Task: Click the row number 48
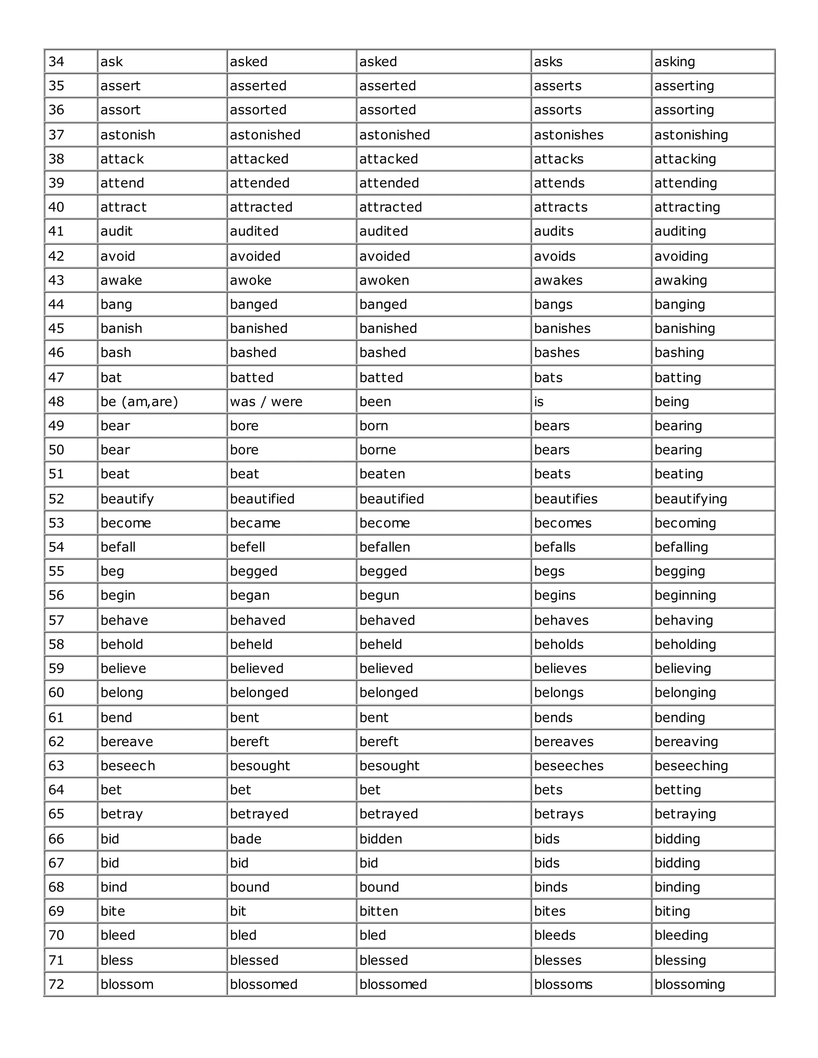(x=56, y=402)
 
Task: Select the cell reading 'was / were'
(x=266, y=402)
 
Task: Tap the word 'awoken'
(x=384, y=281)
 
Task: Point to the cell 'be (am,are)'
(x=139, y=402)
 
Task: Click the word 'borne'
(x=377, y=450)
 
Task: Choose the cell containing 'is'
(x=539, y=402)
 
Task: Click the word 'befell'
(x=247, y=547)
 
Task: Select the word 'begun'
(x=379, y=595)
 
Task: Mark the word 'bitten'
(x=379, y=911)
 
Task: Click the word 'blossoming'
(x=689, y=985)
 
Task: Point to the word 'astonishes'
(x=568, y=135)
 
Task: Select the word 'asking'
(x=675, y=62)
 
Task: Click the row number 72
(x=56, y=985)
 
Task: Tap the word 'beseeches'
(x=568, y=765)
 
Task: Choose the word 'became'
(x=255, y=523)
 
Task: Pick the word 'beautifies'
(x=566, y=499)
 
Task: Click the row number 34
(x=56, y=62)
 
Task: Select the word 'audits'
(x=554, y=232)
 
